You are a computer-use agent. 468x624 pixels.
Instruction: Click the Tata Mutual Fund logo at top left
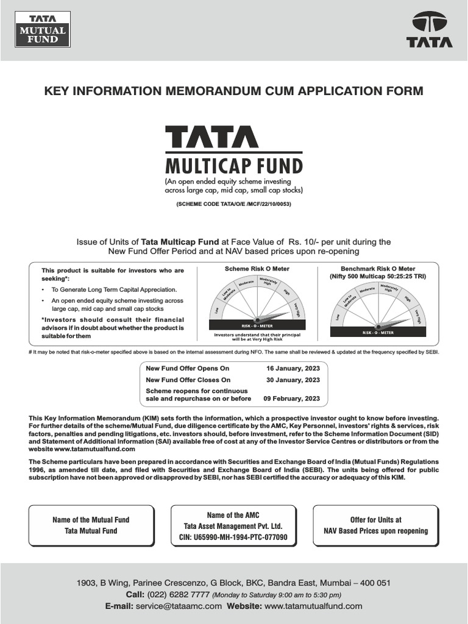[41, 30]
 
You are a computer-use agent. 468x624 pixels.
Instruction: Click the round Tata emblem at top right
[429, 23]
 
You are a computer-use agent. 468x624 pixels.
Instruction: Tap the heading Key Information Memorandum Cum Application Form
[234, 91]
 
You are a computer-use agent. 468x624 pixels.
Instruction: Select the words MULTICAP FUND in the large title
[234, 165]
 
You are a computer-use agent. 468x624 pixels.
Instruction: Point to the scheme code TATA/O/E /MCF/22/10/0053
[234, 204]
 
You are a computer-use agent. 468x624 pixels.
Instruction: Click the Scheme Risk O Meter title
[257, 269]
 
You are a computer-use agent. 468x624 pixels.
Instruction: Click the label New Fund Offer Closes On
[188, 380]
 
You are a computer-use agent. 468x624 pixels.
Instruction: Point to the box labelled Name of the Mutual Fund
[91, 525]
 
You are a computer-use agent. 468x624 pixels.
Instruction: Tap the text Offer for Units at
[375, 520]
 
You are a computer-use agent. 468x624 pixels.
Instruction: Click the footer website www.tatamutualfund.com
[313, 606]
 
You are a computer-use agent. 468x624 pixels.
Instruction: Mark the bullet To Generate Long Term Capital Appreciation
[114, 289]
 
